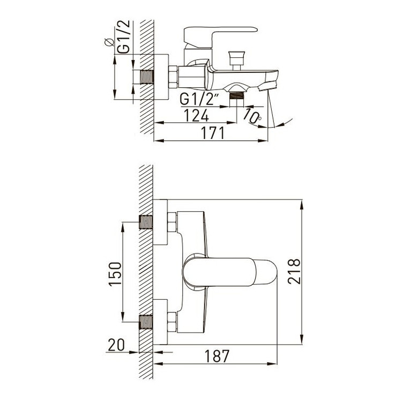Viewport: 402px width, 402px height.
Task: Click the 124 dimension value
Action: tap(196, 115)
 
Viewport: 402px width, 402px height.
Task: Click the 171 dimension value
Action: tap(213, 133)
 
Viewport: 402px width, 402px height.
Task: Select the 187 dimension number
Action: tap(217, 356)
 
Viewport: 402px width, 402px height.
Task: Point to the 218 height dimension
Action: tap(294, 271)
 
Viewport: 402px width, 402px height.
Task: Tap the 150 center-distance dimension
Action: tap(115, 274)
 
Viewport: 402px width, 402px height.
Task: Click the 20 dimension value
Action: tap(116, 345)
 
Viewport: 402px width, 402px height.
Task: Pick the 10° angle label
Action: tap(252, 116)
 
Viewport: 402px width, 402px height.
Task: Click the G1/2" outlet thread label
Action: tap(199, 99)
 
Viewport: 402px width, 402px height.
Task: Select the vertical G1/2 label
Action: tap(124, 37)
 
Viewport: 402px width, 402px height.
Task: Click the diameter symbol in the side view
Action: tap(109, 42)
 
